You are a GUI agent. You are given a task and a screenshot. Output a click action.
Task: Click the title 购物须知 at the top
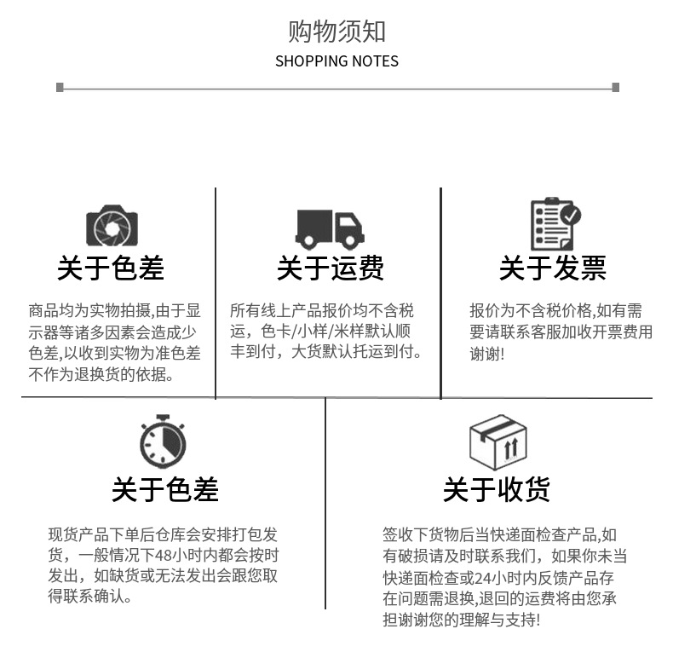336,32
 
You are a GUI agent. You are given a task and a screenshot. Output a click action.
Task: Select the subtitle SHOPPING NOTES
336,61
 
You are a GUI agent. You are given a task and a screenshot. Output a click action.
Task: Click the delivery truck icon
330,228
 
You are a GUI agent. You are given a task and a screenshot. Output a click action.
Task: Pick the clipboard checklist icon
555,224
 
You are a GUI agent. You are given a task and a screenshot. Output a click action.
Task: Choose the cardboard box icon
498,442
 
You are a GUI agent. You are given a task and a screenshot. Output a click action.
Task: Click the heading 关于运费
330,268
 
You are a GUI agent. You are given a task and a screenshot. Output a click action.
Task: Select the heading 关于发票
552,268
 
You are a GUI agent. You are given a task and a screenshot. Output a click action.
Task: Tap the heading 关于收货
496,490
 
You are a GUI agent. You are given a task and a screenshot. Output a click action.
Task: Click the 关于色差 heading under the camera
111,268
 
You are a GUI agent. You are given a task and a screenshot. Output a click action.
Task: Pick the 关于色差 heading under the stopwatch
165,490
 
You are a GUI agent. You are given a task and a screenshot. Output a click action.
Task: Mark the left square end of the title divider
60,87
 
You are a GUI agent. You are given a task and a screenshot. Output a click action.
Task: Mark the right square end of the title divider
615,87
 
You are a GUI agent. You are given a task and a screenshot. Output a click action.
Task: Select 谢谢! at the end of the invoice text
487,353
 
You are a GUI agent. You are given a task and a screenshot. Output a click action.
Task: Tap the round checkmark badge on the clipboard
570,214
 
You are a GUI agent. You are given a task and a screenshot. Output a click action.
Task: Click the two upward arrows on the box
511,449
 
